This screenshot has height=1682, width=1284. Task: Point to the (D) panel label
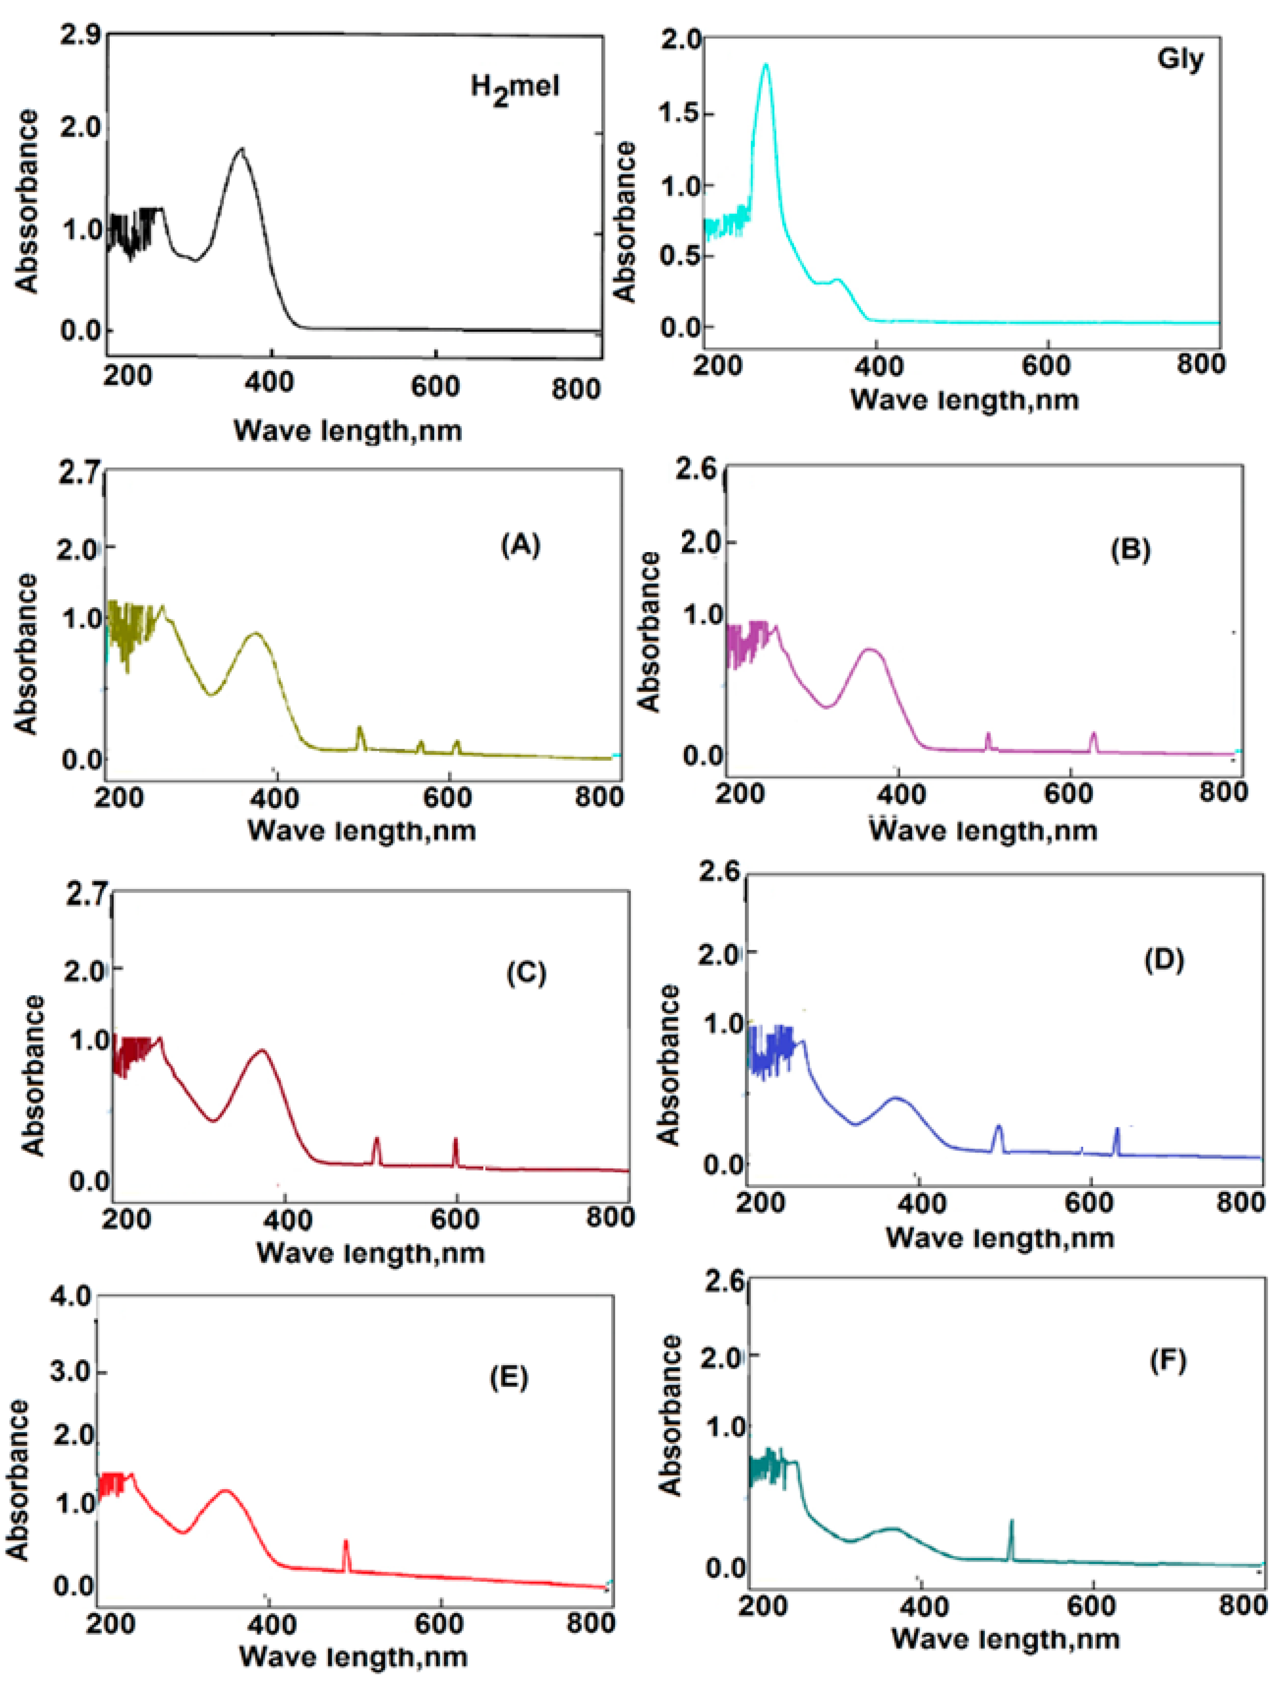[1164, 960]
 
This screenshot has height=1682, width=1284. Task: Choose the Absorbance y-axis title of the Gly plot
[624, 222]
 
